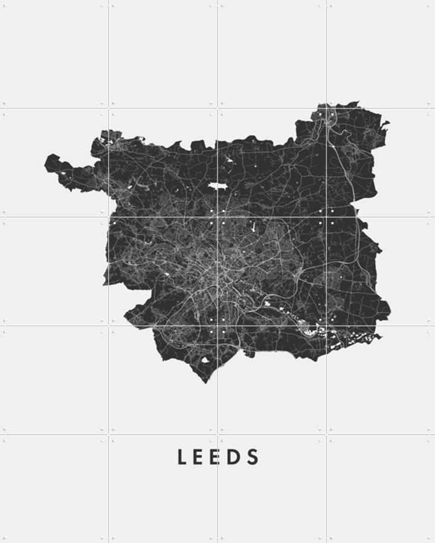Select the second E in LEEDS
tap(219, 457)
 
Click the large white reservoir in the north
tap(217, 186)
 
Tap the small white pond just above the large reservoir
tap(230, 161)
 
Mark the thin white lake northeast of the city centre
tap(253, 229)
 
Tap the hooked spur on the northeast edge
tap(385, 125)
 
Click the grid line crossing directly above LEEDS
tap(217, 434)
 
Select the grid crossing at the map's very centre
tap(217, 217)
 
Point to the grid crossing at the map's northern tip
tap(326, 109)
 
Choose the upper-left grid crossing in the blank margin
tap(109, 109)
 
